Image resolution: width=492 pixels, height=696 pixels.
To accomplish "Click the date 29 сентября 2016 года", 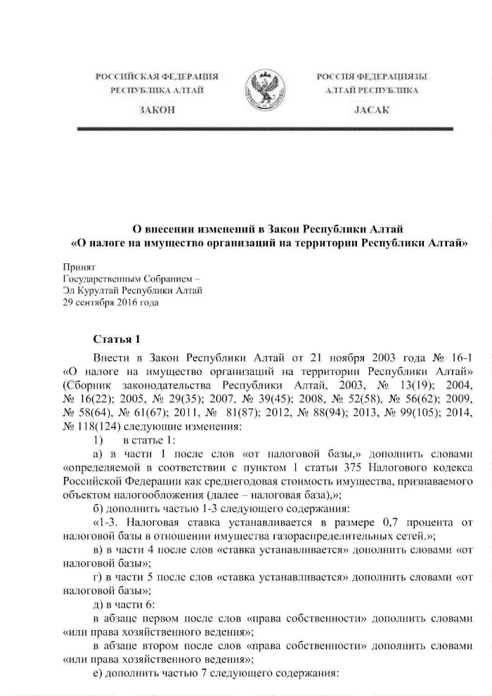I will (x=111, y=303).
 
